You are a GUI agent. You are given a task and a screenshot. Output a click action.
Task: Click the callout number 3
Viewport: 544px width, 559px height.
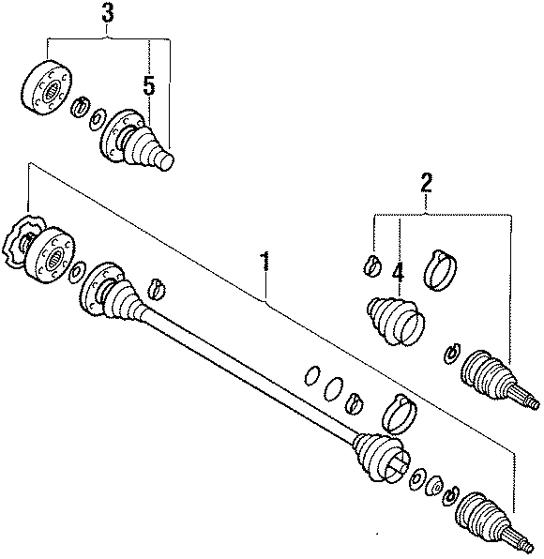109,14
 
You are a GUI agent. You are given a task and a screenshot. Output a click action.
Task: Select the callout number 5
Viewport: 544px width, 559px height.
147,85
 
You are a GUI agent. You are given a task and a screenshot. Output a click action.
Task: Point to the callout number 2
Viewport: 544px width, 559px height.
426,183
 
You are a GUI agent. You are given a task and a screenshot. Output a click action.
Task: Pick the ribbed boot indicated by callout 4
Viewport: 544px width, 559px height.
394,319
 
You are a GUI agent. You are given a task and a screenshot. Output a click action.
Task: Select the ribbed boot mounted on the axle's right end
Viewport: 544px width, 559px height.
380,457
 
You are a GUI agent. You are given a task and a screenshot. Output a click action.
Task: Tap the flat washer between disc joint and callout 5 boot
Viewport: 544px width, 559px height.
97,118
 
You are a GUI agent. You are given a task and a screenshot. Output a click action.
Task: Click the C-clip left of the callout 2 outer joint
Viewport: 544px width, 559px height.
451,353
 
